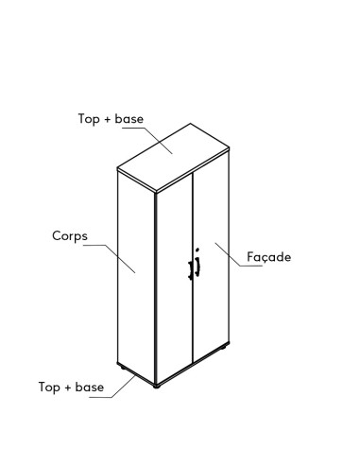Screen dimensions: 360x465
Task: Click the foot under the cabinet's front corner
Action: point(156,385)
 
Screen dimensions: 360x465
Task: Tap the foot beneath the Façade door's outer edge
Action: point(225,354)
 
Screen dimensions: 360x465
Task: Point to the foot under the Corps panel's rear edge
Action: point(119,365)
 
